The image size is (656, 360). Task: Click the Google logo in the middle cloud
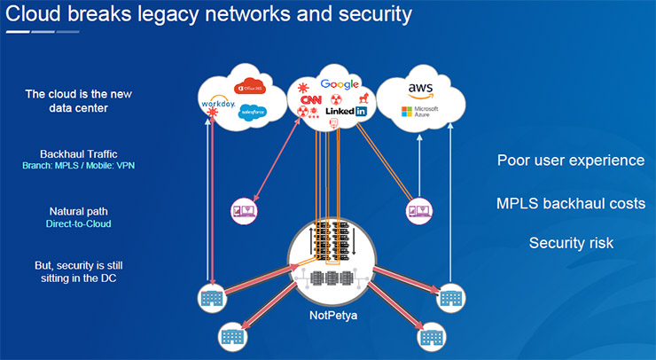(339, 84)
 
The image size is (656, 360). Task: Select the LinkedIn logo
(346, 112)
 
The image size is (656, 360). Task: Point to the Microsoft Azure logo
(419, 113)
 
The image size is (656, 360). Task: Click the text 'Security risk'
(570, 242)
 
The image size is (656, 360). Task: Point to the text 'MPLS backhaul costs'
(570, 203)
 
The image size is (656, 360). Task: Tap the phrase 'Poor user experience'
(570, 160)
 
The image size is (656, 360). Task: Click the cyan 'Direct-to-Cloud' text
(79, 225)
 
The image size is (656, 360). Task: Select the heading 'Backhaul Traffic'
(79, 153)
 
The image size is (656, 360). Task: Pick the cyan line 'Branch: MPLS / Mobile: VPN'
(79, 166)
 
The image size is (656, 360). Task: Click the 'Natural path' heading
(79, 212)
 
